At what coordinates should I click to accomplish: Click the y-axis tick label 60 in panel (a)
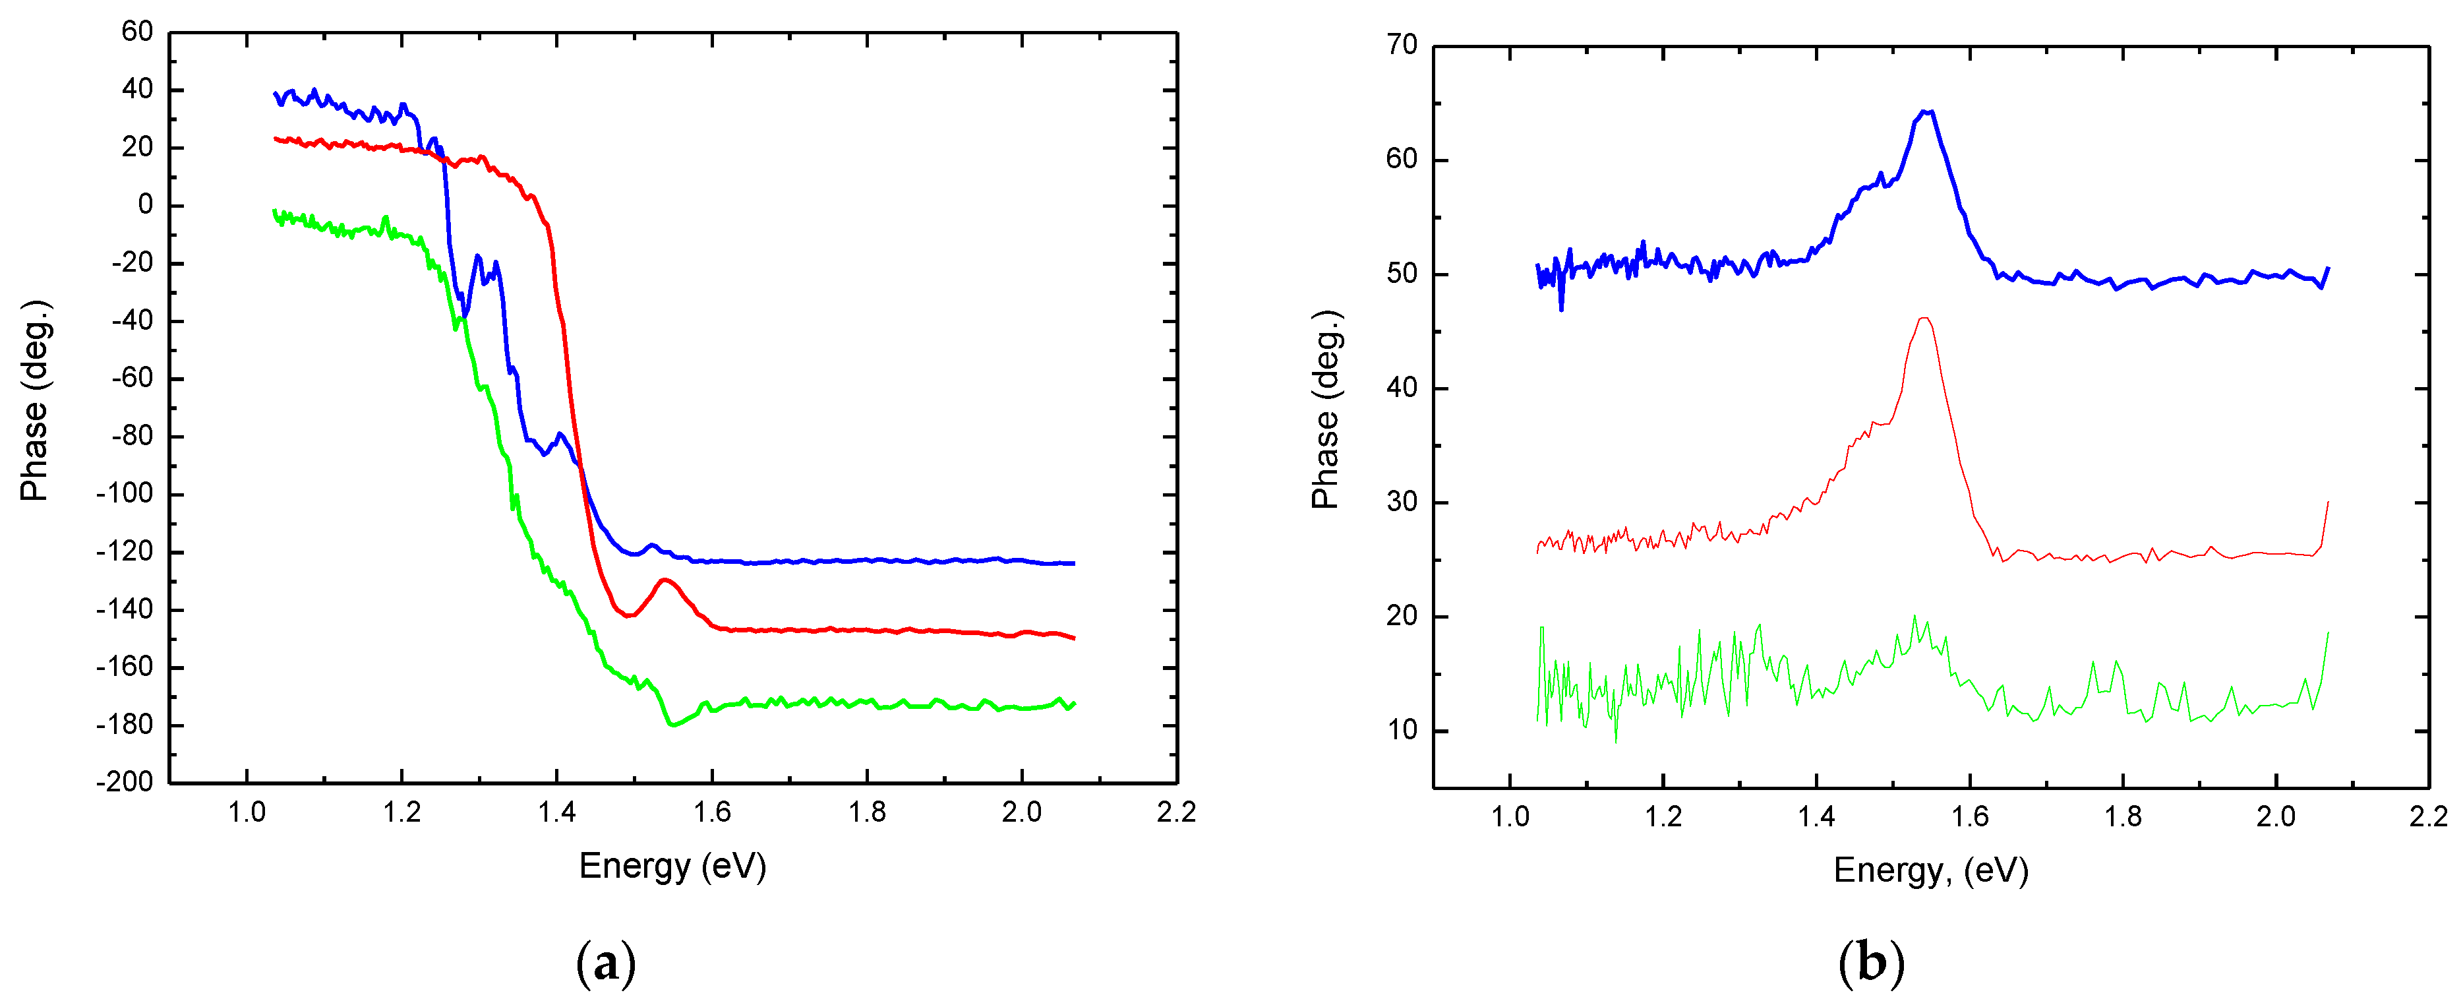(x=136, y=32)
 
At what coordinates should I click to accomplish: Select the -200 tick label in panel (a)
(x=125, y=781)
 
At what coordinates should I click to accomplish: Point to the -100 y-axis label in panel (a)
(x=125, y=493)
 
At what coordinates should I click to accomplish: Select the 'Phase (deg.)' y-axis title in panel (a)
(x=34, y=401)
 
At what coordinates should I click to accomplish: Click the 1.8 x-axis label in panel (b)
(x=2123, y=816)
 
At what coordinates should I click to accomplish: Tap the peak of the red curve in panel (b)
(x=1924, y=319)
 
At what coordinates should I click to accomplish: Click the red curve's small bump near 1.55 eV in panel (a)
(x=665, y=580)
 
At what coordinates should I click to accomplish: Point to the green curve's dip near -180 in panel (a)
(x=672, y=725)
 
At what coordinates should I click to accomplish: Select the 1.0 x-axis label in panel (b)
(x=1510, y=816)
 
